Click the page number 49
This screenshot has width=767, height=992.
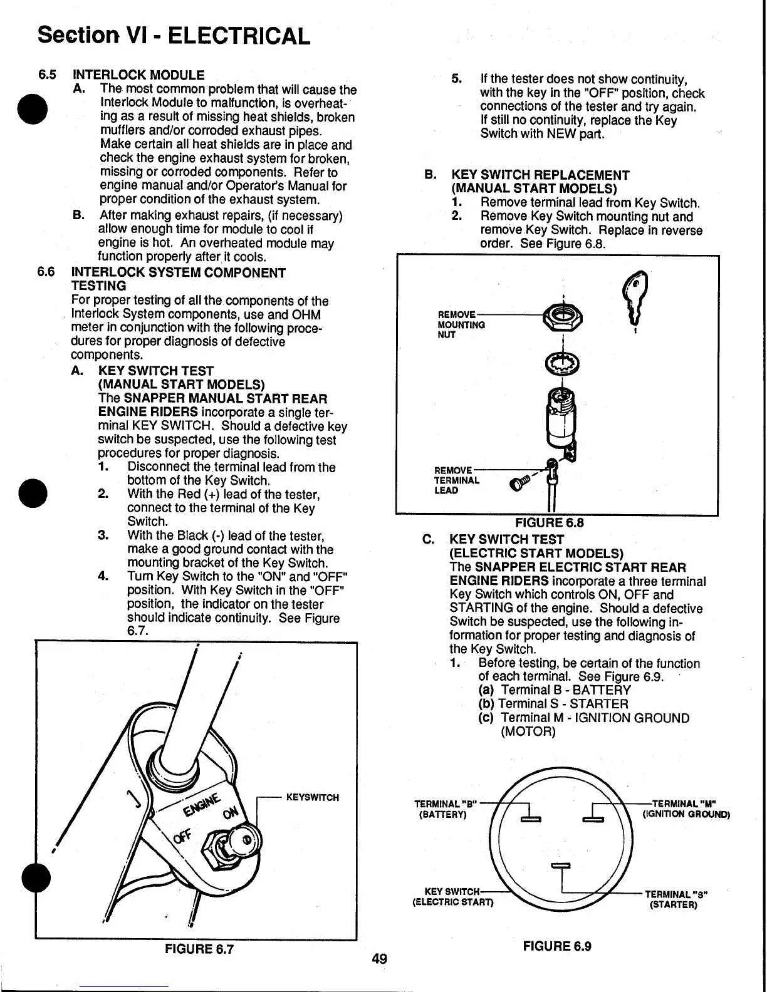click(x=379, y=959)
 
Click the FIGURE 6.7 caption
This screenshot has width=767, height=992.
click(x=199, y=949)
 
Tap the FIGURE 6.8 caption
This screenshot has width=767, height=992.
click(x=549, y=523)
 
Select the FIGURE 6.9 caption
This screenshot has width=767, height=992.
click(x=556, y=946)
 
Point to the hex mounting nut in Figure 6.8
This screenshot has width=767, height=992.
click(x=563, y=317)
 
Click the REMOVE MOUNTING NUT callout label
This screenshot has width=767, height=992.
click(x=461, y=324)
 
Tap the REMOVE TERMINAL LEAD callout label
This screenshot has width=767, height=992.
click(x=457, y=480)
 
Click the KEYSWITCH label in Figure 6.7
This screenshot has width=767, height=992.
click(x=312, y=797)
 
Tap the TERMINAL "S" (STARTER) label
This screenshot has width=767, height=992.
click(x=676, y=899)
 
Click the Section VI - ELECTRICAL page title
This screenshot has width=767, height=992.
click(x=174, y=35)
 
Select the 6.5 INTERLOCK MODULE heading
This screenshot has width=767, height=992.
click(x=138, y=75)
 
